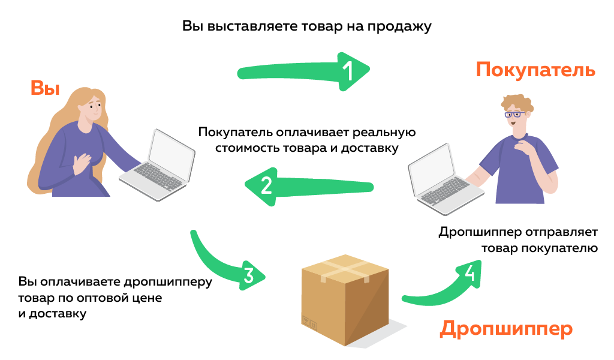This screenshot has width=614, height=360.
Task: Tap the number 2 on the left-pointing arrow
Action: coord(267,185)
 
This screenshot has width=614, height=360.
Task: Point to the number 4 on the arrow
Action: coord(471,273)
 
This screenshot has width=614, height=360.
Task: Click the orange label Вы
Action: coord(45,88)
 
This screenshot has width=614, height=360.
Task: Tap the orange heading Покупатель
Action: coord(535,70)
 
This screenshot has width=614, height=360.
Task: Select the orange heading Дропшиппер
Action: coord(506,329)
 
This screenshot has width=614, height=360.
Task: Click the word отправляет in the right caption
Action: coord(562,232)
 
